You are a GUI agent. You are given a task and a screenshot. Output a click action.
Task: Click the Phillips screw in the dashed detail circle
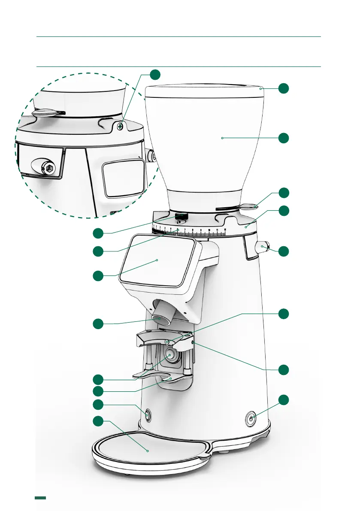121,126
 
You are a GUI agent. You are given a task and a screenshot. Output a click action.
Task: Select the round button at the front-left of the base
148,415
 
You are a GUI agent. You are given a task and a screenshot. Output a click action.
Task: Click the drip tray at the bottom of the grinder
148,451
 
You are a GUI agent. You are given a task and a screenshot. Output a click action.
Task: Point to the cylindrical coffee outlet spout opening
160,318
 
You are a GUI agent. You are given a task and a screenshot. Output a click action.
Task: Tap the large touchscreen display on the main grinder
157,260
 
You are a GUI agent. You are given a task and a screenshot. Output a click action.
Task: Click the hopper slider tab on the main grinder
249,206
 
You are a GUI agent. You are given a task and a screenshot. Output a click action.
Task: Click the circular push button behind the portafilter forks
171,354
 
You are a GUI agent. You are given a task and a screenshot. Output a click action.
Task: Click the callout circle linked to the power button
284,400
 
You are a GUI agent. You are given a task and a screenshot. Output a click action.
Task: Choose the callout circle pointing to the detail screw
155,74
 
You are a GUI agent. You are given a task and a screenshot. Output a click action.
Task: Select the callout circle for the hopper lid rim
284,88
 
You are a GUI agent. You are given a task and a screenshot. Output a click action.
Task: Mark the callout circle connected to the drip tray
99,421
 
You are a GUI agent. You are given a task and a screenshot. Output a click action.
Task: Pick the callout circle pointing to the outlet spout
99,324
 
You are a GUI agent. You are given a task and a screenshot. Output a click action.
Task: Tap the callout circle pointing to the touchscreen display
99,275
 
